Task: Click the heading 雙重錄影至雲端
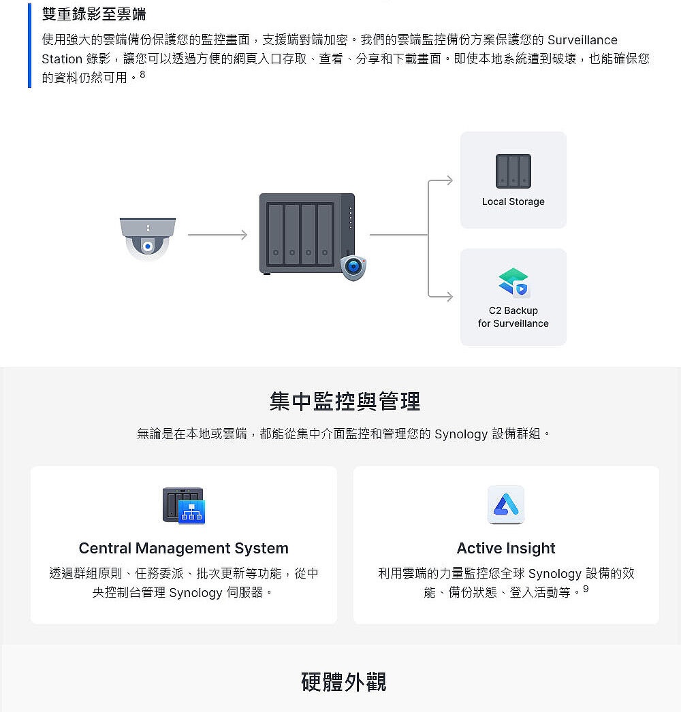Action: point(94,14)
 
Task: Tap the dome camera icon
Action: point(148,239)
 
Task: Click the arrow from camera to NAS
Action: point(218,235)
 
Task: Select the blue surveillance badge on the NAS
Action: point(353,268)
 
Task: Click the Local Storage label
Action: point(513,201)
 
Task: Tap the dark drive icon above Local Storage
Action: point(513,171)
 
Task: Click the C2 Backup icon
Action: point(514,282)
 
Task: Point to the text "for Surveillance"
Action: point(513,323)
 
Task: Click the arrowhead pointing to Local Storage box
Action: point(449,180)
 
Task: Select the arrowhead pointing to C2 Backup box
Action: point(449,297)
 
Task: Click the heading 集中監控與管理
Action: point(345,402)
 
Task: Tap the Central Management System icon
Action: point(184,505)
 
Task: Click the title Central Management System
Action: point(184,548)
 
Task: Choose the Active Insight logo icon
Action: point(506,504)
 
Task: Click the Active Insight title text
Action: point(506,548)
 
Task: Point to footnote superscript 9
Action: point(586,589)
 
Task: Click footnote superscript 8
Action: point(142,74)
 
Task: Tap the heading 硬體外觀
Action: point(344,682)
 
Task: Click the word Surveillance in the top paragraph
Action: point(582,40)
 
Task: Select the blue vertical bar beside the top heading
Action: point(29,46)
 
